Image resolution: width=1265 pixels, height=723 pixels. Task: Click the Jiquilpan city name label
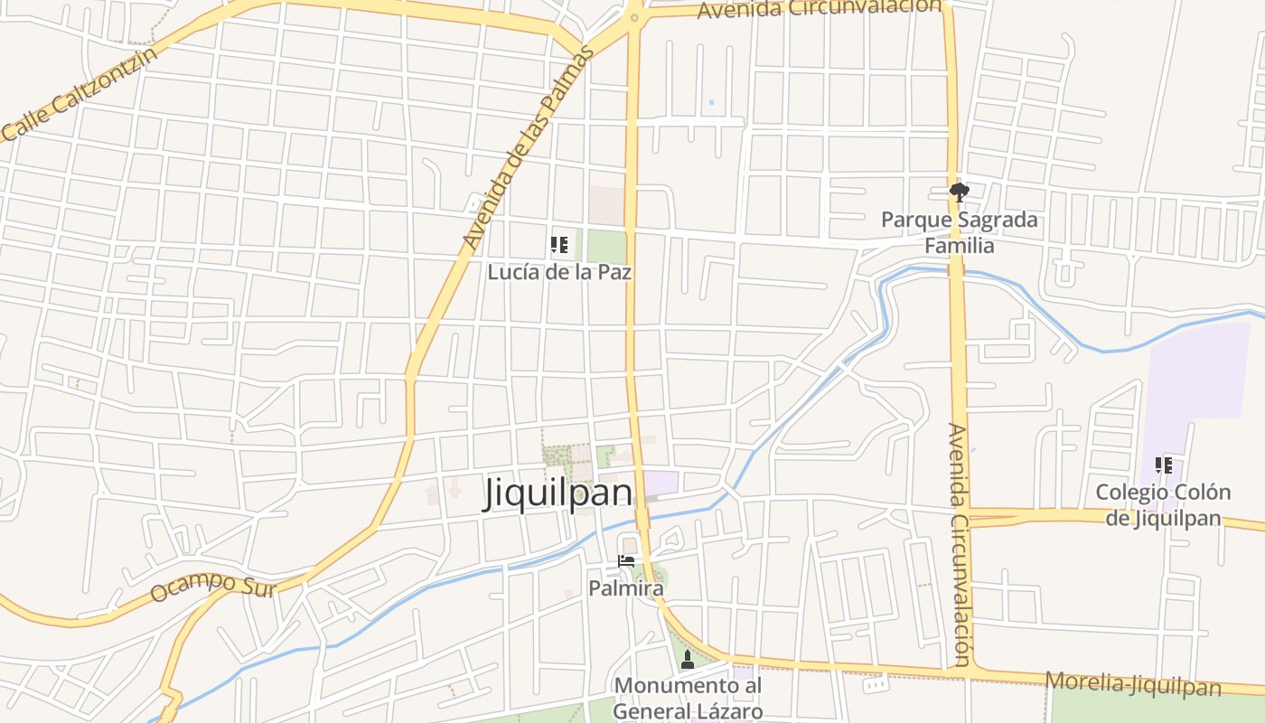click(x=558, y=493)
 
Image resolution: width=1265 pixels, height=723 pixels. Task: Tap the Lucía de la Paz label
click(x=559, y=271)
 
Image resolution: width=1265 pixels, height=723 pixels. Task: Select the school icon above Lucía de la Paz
click(x=558, y=245)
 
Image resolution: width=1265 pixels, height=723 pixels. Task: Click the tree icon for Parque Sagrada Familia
click(x=959, y=191)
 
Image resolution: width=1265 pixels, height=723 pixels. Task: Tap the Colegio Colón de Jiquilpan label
click(x=1163, y=505)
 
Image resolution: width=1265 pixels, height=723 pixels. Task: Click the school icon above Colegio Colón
click(x=1164, y=465)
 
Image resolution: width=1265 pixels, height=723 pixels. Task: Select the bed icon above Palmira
click(x=626, y=561)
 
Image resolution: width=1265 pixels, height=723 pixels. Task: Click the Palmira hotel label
click(x=626, y=588)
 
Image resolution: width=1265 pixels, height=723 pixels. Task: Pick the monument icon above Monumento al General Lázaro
click(x=688, y=660)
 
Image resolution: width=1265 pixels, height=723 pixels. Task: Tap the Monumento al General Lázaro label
click(x=688, y=698)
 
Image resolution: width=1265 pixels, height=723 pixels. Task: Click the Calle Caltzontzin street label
click(x=80, y=93)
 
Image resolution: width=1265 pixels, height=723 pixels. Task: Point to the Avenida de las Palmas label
click(x=529, y=148)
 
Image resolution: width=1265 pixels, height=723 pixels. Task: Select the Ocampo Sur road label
click(x=212, y=587)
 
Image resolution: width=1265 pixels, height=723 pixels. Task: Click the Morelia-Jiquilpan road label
click(x=1133, y=684)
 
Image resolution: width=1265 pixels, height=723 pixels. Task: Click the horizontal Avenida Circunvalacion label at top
click(x=820, y=8)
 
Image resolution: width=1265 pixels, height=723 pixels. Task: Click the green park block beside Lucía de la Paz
click(x=606, y=246)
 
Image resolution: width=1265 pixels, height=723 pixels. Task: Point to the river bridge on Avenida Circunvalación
click(x=956, y=269)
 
